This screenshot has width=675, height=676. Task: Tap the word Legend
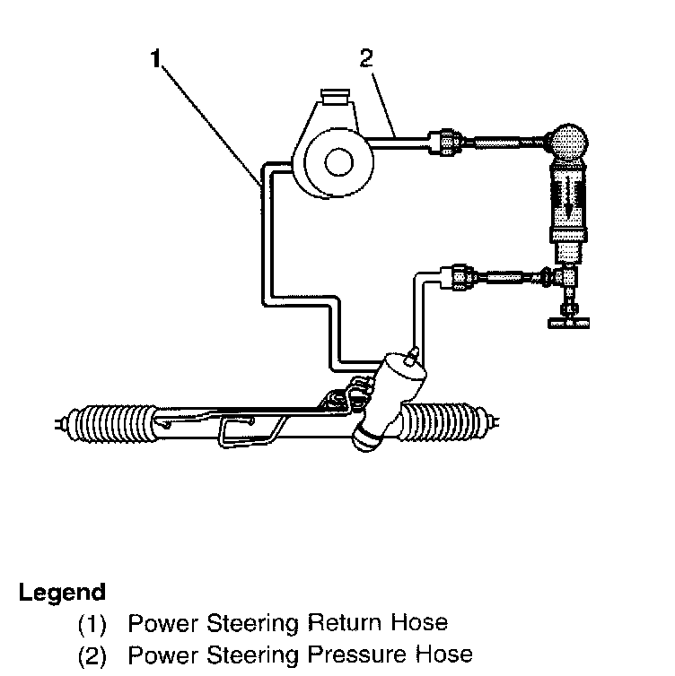62,593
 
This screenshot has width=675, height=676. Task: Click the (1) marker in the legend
92,622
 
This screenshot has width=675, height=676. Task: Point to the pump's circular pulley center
337,163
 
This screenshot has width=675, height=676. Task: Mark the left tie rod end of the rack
61,420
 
